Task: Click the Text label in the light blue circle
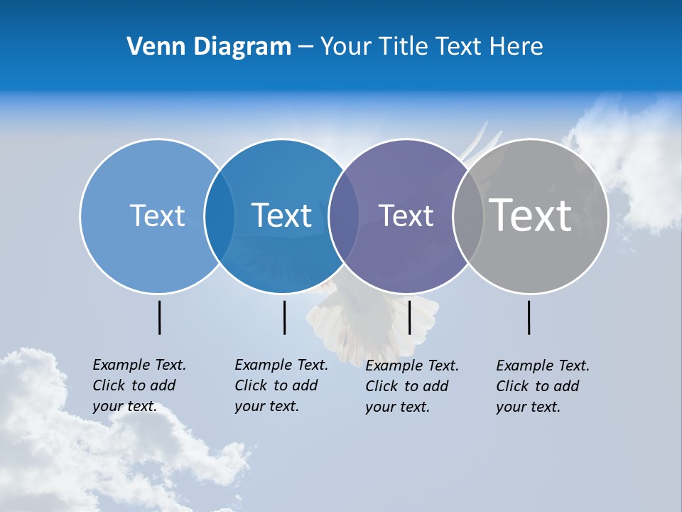157,215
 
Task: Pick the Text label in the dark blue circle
281,215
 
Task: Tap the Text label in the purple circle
406,215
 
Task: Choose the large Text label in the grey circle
530,215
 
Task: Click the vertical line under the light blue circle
159,317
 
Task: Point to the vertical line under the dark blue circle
284,317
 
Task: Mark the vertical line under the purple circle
409,317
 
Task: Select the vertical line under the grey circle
529,317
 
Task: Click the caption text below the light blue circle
139,385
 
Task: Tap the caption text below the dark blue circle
281,385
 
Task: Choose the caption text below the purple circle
412,386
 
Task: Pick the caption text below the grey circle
543,386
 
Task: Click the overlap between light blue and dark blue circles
220,215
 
